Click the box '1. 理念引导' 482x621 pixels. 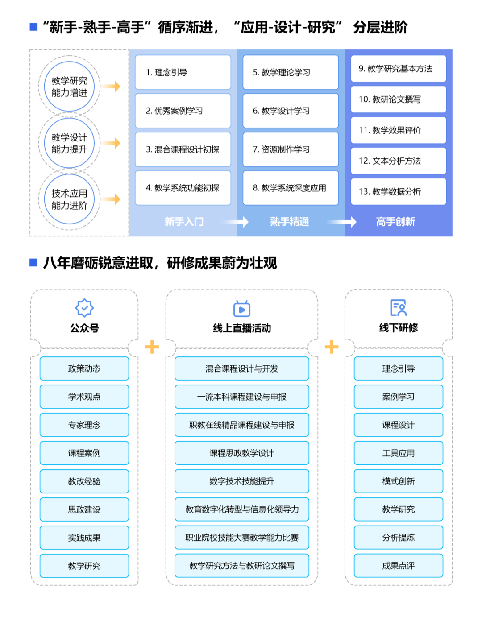(x=183, y=72)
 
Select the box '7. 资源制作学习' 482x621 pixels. (x=291, y=149)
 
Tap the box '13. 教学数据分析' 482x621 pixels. (x=398, y=192)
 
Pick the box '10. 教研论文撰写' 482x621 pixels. (x=398, y=99)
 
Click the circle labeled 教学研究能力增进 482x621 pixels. (x=69, y=87)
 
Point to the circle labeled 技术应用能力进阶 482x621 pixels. (x=69, y=199)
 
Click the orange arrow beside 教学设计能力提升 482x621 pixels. (x=111, y=143)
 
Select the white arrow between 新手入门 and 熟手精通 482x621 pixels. (x=237, y=222)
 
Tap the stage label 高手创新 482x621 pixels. (x=395, y=222)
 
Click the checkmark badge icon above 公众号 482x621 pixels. (x=84, y=308)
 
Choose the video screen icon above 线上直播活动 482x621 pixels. (x=242, y=308)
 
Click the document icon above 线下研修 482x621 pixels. (x=398, y=308)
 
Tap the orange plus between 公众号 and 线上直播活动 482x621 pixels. (x=152, y=347)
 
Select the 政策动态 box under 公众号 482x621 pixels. (x=84, y=368)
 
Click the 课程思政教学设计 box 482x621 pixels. (x=242, y=453)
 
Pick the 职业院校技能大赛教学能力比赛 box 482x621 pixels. (x=242, y=538)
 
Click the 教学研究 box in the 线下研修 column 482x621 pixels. (x=398, y=509)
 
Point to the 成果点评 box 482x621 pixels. (x=398, y=566)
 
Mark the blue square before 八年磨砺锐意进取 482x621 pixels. (x=33, y=262)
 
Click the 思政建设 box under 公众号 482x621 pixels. (x=84, y=509)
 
